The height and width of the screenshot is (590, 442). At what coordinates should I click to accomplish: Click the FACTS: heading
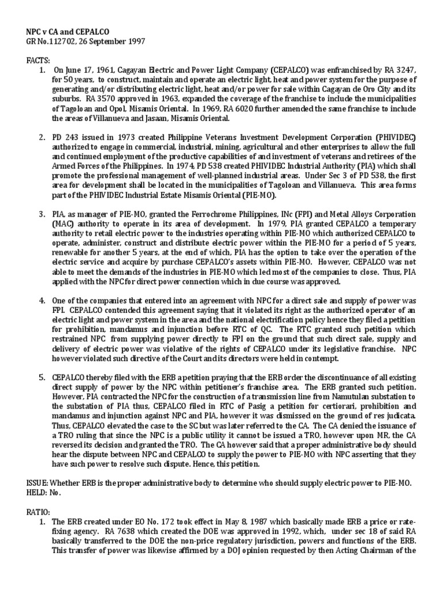(39, 60)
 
